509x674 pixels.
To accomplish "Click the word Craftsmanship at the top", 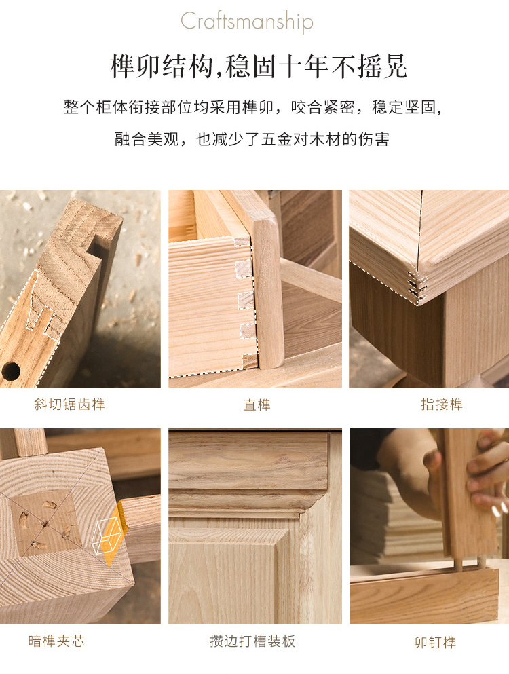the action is (247, 22).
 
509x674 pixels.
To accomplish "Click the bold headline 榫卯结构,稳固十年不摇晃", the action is (259, 67).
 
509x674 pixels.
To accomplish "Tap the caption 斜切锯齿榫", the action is (70, 404).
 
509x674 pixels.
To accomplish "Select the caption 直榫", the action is (257, 405).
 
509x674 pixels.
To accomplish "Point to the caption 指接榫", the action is (442, 404).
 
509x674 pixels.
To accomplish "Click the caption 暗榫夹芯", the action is (56, 641).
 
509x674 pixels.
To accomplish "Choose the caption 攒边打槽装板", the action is (252, 641).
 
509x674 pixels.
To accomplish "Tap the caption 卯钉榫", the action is (435, 642).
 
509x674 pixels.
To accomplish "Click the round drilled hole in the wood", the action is (10, 371).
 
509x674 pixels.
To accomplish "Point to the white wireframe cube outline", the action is (107, 535).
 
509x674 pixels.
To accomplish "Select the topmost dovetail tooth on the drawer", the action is (244, 269).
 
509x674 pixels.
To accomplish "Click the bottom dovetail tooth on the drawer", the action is (250, 361).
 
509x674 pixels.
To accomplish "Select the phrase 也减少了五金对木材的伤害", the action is (293, 139).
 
